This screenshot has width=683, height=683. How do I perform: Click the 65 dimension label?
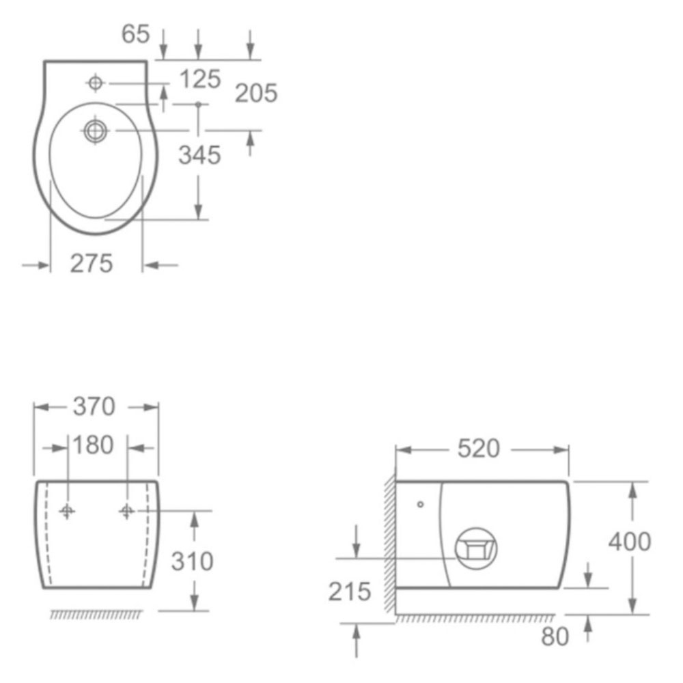[x=135, y=34]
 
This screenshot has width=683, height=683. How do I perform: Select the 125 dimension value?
[x=200, y=79]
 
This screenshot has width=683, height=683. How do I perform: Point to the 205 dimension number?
[x=256, y=93]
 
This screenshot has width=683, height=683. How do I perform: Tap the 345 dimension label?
[x=200, y=155]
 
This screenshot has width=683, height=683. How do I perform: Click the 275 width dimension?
[x=92, y=264]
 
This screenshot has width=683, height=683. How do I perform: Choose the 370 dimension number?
[x=94, y=406]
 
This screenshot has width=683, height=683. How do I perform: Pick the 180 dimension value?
[x=93, y=445]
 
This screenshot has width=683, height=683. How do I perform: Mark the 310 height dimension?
[x=192, y=561]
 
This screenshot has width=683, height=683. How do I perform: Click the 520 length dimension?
[x=478, y=449]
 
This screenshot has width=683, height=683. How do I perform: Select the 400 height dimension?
[x=630, y=542]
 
